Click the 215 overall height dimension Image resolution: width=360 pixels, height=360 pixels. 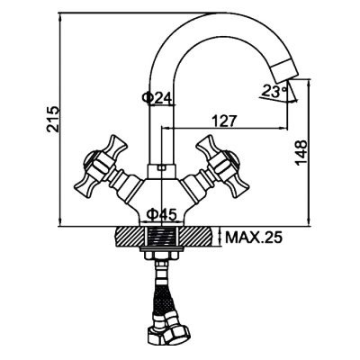click(x=53, y=119)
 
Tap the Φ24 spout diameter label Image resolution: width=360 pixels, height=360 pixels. click(x=157, y=97)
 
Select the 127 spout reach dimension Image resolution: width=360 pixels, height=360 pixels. click(x=224, y=121)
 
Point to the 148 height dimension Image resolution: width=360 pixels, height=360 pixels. click(x=301, y=152)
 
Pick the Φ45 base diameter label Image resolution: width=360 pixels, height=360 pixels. click(x=161, y=214)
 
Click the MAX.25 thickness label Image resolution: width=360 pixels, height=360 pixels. click(x=254, y=238)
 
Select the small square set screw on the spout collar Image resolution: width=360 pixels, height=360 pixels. click(x=162, y=167)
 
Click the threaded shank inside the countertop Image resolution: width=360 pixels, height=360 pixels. click(x=161, y=237)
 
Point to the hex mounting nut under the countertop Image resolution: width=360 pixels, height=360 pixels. click(x=161, y=256)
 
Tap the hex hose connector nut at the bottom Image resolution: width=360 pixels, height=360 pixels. click(x=177, y=331)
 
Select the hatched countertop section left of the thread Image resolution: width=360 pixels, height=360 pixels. click(x=130, y=237)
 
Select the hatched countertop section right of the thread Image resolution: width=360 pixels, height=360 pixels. click(x=195, y=237)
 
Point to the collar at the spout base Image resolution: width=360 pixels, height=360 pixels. click(x=161, y=171)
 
